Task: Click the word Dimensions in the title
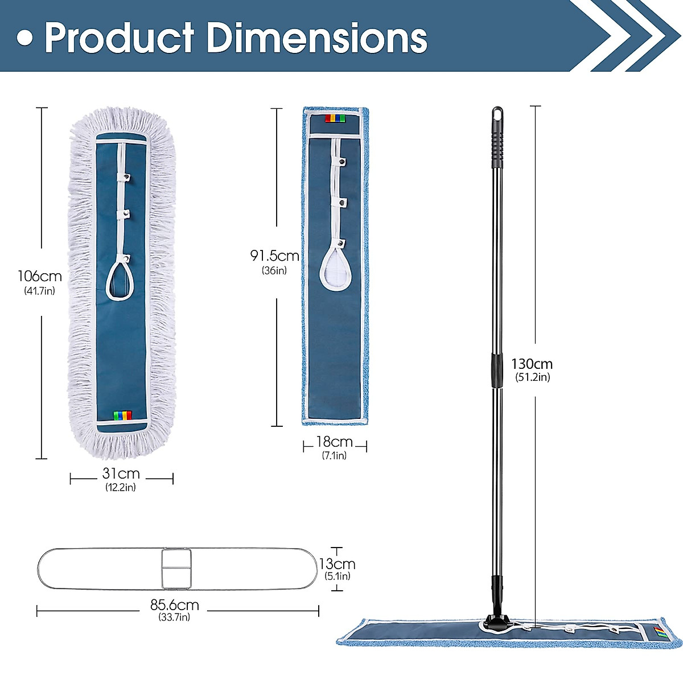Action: pyautogui.click(x=316, y=38)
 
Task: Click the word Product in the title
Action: pyautogui.click(x=120, y=38)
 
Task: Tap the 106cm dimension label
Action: pyautogui.click(x=39, y=277)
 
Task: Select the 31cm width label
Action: pyautogui.click(x=121, y=474)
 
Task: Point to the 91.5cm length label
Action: pyautogui.click(x=275, y=256)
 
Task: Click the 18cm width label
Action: pyautogui.click(x=335, y=442)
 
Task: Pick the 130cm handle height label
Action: pyautogui.click(x=532, y=364)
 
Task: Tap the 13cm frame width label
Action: pyautogui.click(x=337, y=564)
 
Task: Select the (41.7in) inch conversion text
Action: pyautogui.click(x=39, y=291)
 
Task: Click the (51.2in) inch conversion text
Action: pyautogui.click(x=532, y=377)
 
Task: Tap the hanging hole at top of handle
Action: pyautogui.click(x=497, y=113)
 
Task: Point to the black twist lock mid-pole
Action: pyautogui.click(x=497, y=370)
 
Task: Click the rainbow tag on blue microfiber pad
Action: pyautogui.click(x=335, y=118)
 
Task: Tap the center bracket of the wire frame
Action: pyautogui.click(x=176, y=569)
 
